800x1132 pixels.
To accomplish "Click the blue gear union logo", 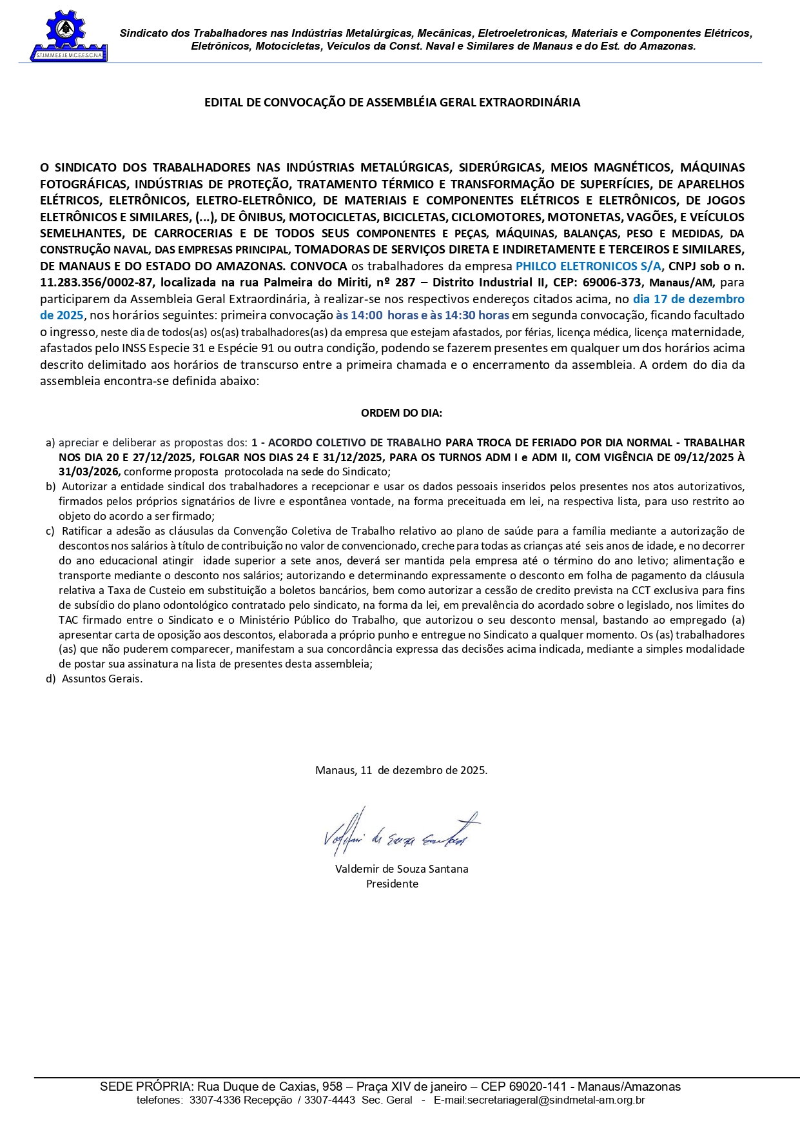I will click(x=68, y=35).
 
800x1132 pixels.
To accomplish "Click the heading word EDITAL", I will click(x=222, y=103).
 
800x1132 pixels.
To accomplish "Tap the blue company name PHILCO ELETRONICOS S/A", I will click(x=589, y=266).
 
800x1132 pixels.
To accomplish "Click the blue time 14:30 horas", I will click(x=477, y=315).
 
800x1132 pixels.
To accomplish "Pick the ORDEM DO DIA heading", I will click(x=401, y=413).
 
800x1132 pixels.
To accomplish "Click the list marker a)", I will click(x=50, y=443).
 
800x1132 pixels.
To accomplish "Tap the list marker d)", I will click(x=50, y=679).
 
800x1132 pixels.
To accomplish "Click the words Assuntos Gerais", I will click(x=102, y=679).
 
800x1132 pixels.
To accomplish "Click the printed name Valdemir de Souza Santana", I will click(x=402, y=869).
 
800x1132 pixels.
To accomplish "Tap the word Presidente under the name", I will click(x=392, y=884).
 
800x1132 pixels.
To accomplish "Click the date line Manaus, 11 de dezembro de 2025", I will click(x=401, y=770).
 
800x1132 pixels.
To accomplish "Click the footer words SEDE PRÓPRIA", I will click(x=145, y=1087).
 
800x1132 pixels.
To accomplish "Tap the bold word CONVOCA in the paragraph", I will click(x=318, y=266).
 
